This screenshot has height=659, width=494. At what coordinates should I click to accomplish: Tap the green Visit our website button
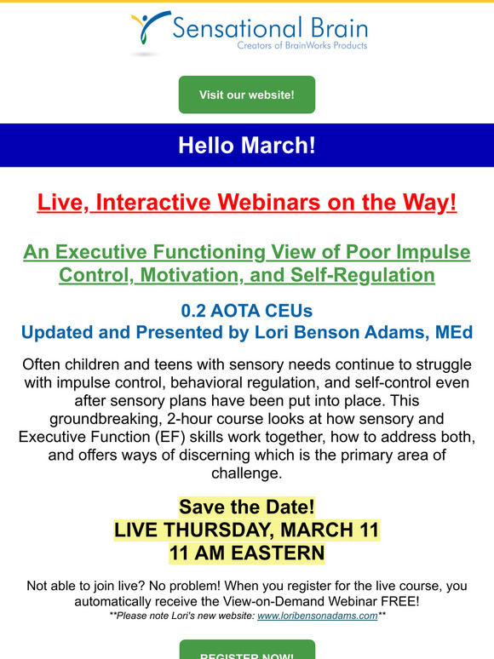(x=247, y=95)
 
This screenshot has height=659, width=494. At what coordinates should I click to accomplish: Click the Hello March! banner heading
(x=247, y=145)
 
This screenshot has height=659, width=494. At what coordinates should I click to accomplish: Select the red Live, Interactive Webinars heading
(x=247, y=202)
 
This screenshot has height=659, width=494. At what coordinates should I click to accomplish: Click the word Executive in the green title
(x=101, y=252)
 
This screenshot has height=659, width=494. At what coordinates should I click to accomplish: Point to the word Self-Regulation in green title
(x=362, y=275)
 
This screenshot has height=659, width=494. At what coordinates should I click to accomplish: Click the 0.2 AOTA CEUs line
(x=247, y=311)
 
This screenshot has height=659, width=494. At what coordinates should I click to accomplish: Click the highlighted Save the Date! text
(x=247, y=507)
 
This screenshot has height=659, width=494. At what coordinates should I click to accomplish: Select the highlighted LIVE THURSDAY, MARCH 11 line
(x=247, y=530)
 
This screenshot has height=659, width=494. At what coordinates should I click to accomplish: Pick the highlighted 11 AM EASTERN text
(x=247, y=553)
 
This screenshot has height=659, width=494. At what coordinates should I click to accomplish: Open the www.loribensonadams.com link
(x=318, y=616)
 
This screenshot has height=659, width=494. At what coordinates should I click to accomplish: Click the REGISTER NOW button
(x=247, y=650)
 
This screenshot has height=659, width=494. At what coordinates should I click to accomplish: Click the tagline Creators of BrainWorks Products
(x=302, y=45)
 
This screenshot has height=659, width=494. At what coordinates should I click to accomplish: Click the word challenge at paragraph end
(x=247, y=473)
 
